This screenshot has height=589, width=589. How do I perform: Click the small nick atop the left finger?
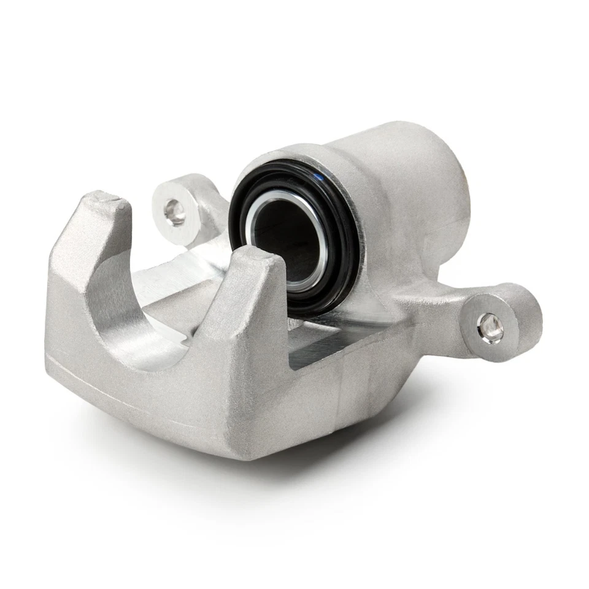[112, 198]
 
